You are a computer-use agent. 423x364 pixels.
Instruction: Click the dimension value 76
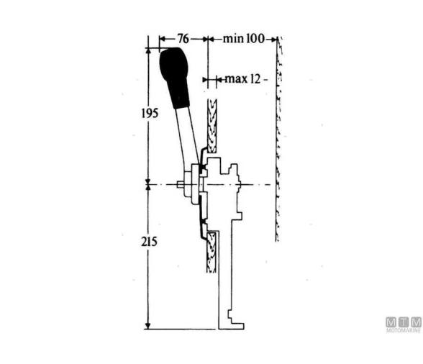[183, 38]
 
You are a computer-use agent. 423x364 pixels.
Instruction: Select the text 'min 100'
[244, 38]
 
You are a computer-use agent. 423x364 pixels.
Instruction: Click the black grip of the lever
[175, 75]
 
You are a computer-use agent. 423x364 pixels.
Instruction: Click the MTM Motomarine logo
[402, 325]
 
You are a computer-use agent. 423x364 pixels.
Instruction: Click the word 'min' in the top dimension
[232, 38]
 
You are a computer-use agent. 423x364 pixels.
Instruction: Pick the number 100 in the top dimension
[255, 38]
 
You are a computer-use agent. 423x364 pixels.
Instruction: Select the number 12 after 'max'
[254, 78]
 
